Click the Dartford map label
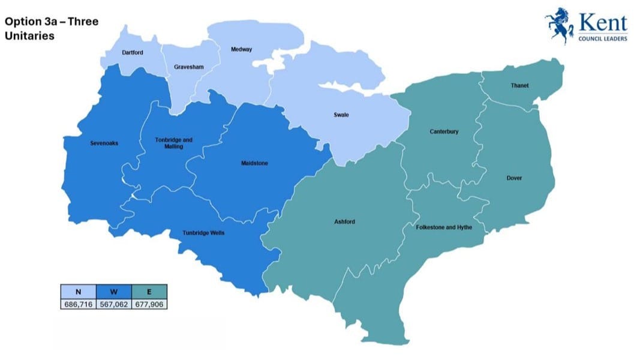pos(133,53)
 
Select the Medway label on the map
pos(242,49)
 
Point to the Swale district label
pos(341,114)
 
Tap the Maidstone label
pos(254,163)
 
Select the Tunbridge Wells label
pos(204,233)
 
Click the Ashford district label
pos(344,222)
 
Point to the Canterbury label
pos(444,131)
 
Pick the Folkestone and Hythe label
pos(444,227)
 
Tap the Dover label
pos(515,178)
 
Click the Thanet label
pos(519,86)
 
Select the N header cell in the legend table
pos(78,292)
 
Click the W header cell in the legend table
pos(113,292)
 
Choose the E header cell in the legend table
pos(149,292)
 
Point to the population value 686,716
pos(78,304)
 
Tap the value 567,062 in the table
pos(113,304)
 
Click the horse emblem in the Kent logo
pos(558,27)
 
